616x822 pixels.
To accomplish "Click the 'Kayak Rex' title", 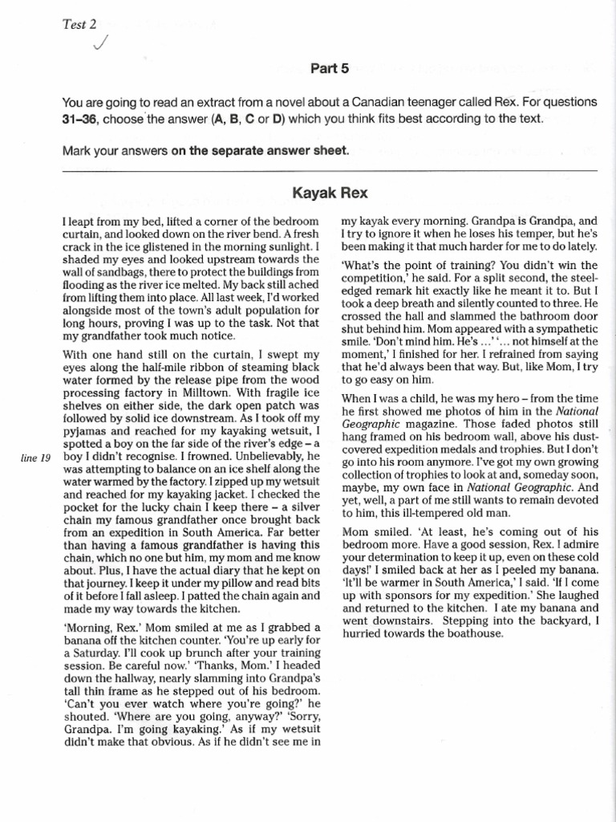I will click(330, 193).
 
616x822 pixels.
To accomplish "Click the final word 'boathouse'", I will click(473, 632).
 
